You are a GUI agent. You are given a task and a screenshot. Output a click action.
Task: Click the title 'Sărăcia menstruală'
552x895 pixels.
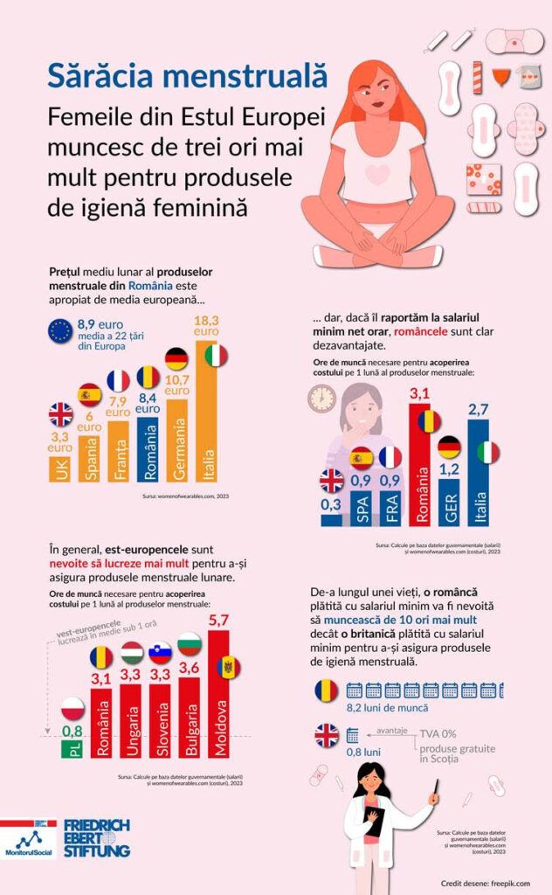click(x=188, y=75)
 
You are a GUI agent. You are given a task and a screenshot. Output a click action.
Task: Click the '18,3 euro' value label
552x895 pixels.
click(x=206, y=325)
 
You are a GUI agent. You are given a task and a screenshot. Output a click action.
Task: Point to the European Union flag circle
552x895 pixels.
click(x=60, y=330)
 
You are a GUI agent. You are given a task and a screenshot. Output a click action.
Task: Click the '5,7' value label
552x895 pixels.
click(x=218, y=621)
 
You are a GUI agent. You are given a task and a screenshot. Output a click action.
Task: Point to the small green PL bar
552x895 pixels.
click(x=72, y=748)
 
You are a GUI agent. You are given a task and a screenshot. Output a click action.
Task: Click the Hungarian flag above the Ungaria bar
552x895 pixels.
click(x=132, y=652)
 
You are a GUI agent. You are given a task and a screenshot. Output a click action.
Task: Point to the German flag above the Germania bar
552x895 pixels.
click(x=176, y=358)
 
